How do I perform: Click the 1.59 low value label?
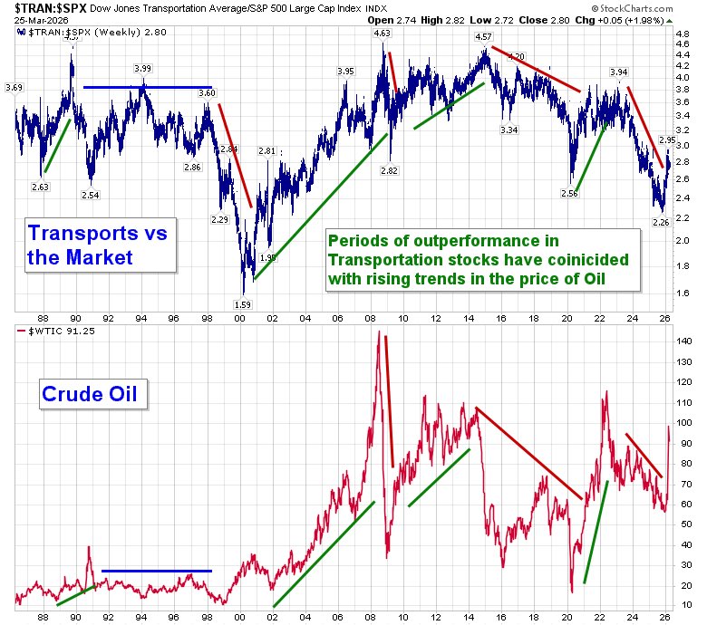242,304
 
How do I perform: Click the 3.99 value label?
142,68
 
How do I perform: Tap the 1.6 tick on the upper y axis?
683,293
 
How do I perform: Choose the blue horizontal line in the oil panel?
156,571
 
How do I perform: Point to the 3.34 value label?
508,130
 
